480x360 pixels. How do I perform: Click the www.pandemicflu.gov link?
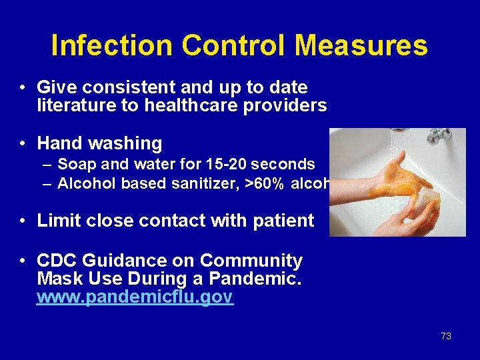[135, 297]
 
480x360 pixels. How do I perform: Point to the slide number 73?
[446, 336]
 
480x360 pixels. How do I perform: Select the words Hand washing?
[99, 143]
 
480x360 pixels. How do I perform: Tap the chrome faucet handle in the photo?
[439, 135]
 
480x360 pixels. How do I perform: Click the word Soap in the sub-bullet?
[74, 164]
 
